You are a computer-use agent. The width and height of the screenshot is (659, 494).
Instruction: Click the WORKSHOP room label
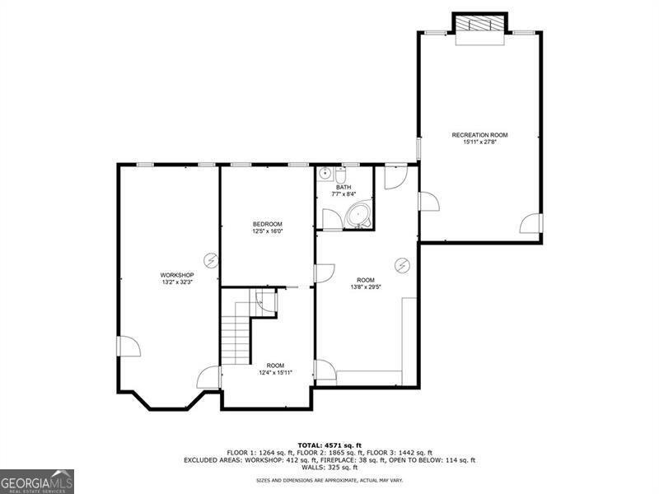(x=177, y=275)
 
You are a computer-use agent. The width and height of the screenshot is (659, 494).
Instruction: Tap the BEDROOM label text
(x=267, y=224)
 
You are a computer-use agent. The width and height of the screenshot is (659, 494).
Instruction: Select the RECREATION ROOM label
(x=479, y=135)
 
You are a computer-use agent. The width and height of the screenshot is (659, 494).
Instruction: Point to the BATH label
(x=344, y=187)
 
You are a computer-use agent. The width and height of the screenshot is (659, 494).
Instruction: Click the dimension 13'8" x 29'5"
(x=366, y=287)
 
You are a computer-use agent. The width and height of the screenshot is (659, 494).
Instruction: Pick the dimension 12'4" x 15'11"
(x=275, y=373)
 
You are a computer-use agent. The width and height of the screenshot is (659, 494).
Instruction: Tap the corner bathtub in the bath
(x=358, y=215)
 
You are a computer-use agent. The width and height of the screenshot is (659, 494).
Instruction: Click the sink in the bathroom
(x=325, y=173)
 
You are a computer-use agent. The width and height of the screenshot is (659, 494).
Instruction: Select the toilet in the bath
(x=340, y=174)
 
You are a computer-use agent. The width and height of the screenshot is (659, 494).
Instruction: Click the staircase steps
(x=236, y=334)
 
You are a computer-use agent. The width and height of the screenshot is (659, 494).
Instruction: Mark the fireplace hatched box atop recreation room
(x=479, y=23)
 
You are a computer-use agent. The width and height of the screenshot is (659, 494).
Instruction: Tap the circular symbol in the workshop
(x=211, y=261)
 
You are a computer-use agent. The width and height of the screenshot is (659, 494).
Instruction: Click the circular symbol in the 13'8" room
(x=403, y=265)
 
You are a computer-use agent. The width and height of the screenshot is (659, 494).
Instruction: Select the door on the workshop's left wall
(x=129, y=347)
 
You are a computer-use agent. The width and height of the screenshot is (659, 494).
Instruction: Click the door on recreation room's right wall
(x=531, y=223)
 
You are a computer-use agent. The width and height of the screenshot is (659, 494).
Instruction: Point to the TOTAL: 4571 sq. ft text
(x=329, y=445)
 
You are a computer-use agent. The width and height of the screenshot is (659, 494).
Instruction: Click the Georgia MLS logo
(x=37, y=482)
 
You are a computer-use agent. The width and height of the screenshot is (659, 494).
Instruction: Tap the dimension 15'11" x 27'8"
(x=479, y=142)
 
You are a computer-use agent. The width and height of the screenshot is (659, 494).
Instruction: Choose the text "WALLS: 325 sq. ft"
(x=329, y=467)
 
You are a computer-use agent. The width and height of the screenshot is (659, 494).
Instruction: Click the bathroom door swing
(x=333, y=219)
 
